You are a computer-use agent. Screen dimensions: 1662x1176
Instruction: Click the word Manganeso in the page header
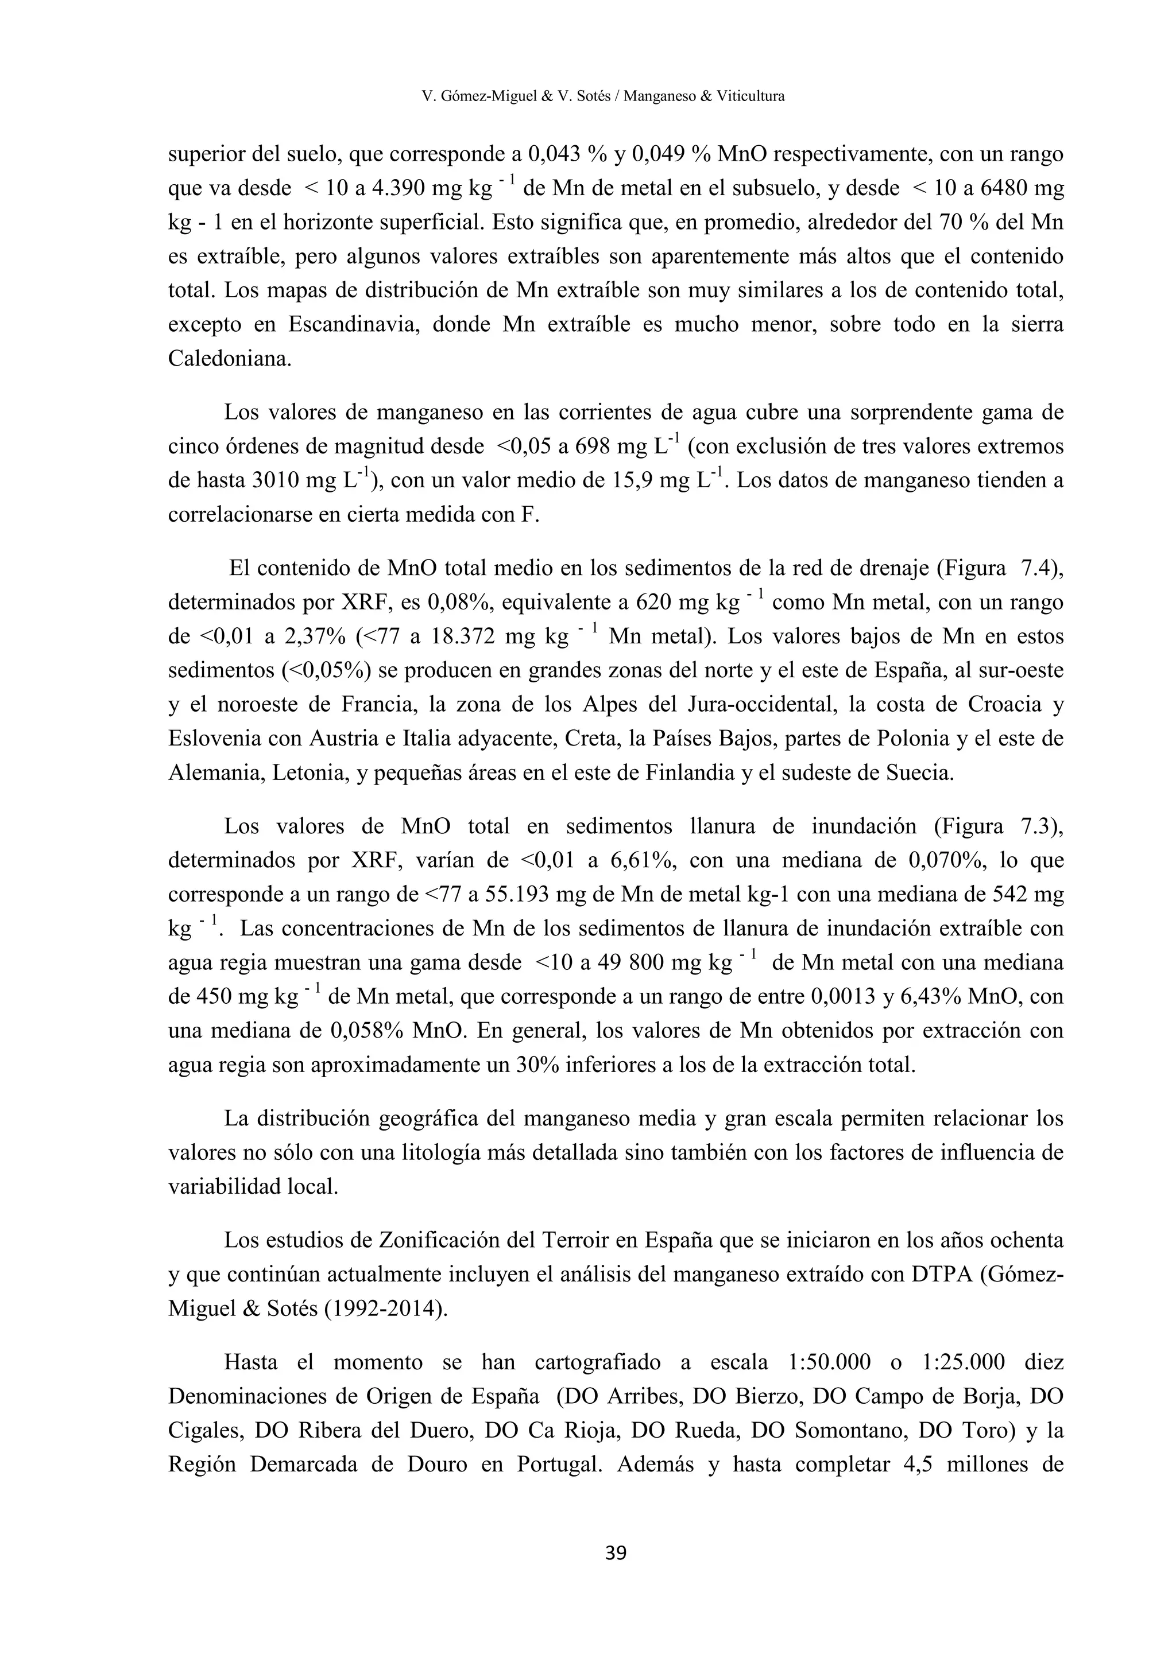[658, 95]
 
